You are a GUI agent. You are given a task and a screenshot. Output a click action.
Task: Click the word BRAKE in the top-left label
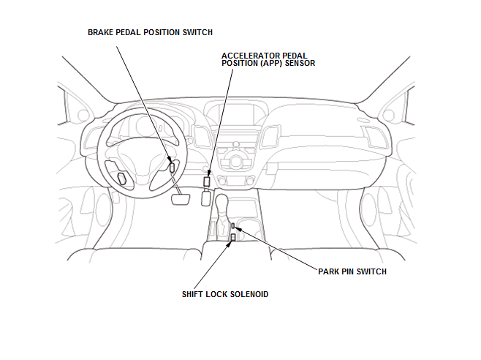point(101,32)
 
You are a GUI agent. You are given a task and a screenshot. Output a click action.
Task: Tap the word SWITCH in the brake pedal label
point(197,32)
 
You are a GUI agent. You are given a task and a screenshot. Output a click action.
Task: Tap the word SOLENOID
point(249,294)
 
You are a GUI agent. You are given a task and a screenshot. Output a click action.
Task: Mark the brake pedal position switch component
point(172,166)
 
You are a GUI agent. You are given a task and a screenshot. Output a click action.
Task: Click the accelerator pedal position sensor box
point(208,181)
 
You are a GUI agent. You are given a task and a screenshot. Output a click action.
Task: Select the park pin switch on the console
point(233,226)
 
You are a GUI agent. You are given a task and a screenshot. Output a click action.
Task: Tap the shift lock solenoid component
point(233,237)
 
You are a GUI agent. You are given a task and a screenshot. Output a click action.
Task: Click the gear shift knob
point(242,203)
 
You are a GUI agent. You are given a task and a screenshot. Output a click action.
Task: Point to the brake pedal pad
point(180,199)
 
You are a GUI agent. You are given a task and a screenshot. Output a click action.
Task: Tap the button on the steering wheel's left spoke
point(121,177)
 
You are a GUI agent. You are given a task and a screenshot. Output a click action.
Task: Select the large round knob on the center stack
point(236,161)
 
